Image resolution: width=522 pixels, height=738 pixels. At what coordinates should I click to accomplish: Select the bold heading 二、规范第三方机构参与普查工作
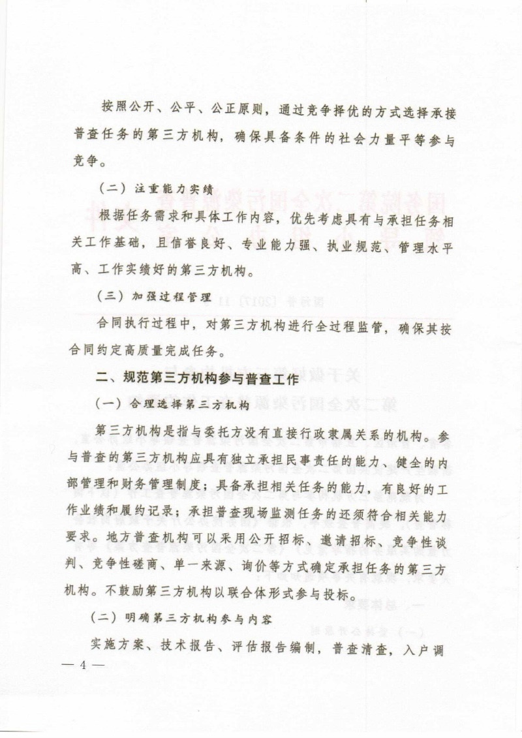tap(194, 378)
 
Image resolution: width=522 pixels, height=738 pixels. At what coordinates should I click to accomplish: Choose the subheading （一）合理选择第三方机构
tap(173, 405)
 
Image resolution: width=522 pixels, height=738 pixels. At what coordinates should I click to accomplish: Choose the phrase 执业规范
tap(348, 243)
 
